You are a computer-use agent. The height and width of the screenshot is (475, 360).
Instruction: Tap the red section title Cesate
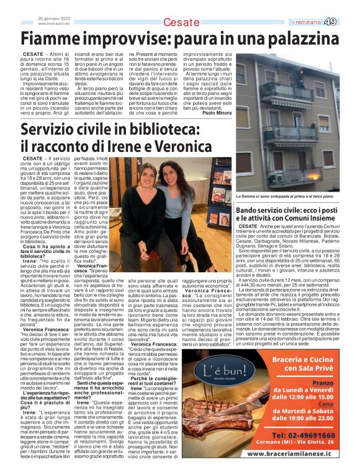coord(181,23)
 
